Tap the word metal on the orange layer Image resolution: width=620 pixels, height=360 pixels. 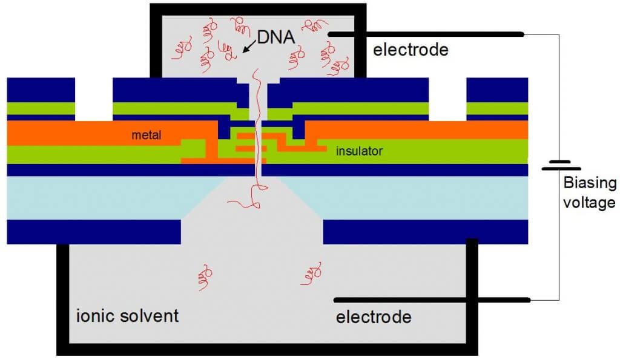click(147, 135)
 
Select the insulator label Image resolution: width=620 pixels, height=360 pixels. click(359, 151)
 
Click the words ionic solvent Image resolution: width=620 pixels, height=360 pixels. click(128, 315)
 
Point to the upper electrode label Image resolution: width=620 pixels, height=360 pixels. click(411, 50)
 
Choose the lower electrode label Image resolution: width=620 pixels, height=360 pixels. click(374, 316)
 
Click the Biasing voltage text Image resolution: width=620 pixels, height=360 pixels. click(589, 193)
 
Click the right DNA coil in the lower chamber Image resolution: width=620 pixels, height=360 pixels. click(309, 273)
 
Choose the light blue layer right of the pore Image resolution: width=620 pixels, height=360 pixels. click(424, 197)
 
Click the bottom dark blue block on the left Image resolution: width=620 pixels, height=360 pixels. click(94, 231)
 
